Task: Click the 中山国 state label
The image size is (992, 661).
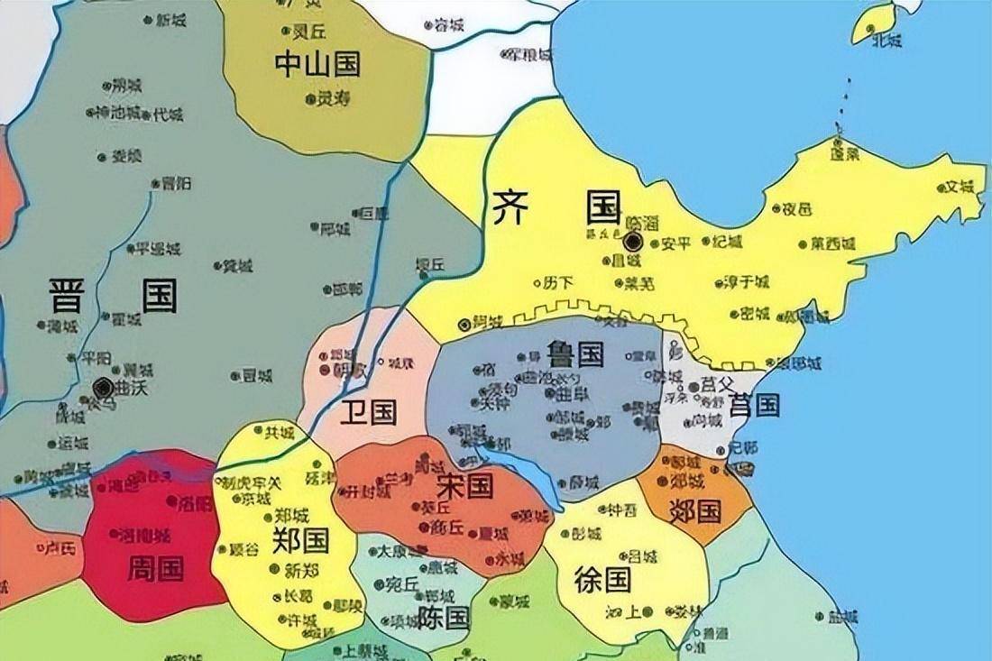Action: [x=317, y=63]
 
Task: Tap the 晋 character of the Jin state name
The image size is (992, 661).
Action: [x=68, y=295]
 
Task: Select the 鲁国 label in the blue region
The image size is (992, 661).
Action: [x=574, y=353]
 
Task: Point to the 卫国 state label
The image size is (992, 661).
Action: [x=368, y=413]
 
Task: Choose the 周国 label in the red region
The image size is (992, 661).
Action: [x=156, y=567]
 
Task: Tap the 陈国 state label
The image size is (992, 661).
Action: [x=444, y=618]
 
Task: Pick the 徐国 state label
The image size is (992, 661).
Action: [x=602, y=579]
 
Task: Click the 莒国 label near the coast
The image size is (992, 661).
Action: [x=755, y=405]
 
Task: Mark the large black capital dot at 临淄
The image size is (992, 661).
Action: [x=632, y=241]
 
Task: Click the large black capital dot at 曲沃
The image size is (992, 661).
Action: [x=103, y=388]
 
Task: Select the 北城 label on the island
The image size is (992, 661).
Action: [x=886, y=40]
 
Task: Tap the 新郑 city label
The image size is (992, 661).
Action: [x=301, y=570]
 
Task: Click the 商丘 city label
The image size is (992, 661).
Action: [x=446, y=526]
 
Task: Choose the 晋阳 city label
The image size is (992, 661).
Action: [x=177, y=183]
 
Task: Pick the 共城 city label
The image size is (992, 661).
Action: [x=279, y=433]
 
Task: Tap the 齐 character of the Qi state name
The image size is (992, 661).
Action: [x=512, y=207]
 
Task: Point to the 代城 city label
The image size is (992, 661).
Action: [x=167, y=115]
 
